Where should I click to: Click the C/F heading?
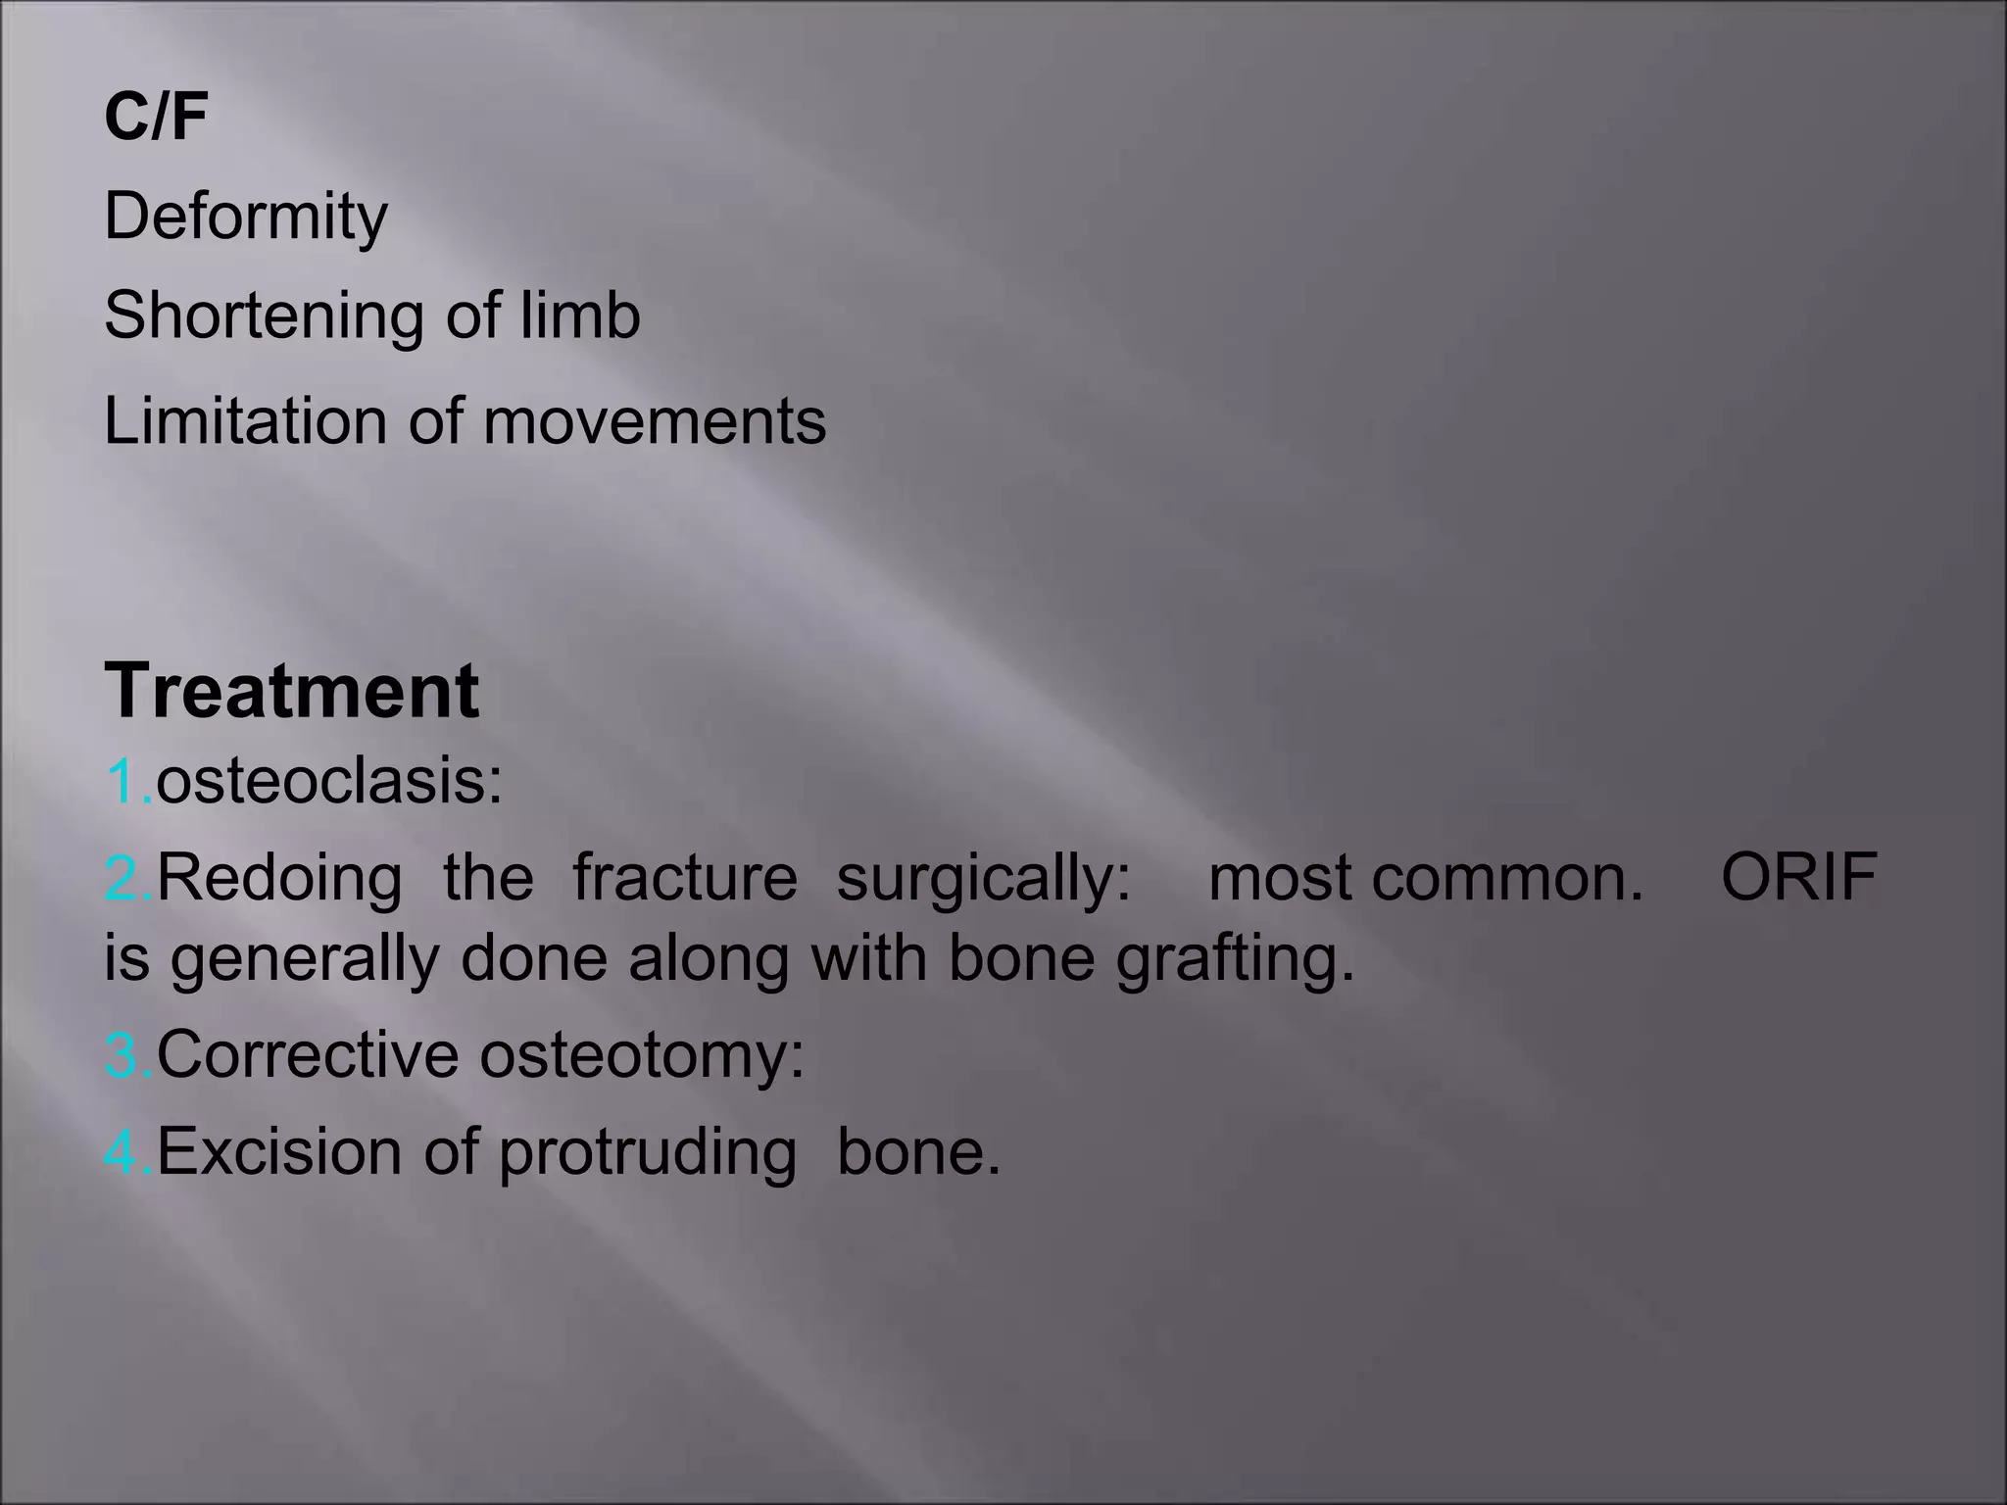point(156,118)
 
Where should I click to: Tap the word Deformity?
point(246,217)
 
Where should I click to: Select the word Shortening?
point(264,316)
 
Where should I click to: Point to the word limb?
point(580,316)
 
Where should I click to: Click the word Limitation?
point(245,421)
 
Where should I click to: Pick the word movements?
point(655,421)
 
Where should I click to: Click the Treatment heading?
point(292,691)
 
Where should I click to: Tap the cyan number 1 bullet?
point(124,782)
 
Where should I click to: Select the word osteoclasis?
point(328,782)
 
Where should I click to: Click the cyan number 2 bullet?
point(124,878)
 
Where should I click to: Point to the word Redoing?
point(279,877)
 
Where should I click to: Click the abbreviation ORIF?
point(1799,877)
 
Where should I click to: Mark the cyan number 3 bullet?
point(124,1055)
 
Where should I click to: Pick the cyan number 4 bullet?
point(124,1152)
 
